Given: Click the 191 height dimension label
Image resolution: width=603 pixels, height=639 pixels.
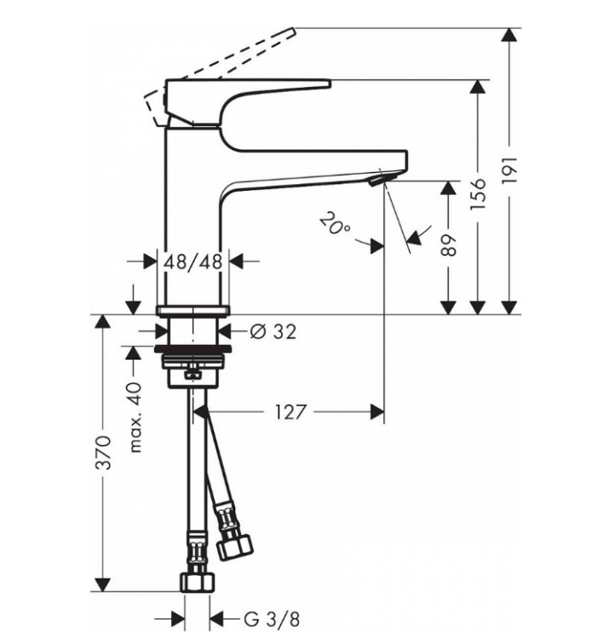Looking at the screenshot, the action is pyautogui.click(x=508, y=170).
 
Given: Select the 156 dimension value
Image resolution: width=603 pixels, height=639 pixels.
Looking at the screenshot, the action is pyautogui.click(x=478, y=193).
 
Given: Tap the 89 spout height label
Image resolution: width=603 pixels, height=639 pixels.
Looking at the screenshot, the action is pyautogui.click(x=448, y=245).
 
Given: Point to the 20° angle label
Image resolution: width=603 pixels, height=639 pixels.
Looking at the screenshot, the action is pyautogui.click(x=334, y=224).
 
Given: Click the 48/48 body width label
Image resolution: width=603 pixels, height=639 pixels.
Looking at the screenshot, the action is pyautogui.click(x=193, y=262).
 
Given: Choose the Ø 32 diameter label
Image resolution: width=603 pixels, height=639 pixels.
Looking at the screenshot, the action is pyautogui.click(x=273, y=331).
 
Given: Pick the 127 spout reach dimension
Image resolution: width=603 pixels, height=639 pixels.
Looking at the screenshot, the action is pyautogui.click(x=290, y=412).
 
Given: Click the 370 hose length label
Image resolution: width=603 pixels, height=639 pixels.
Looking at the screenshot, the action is pyautogui.click(x=103, y=452).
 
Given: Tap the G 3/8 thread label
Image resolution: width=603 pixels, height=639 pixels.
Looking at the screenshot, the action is pyautogui.click(x=272, y=620).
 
